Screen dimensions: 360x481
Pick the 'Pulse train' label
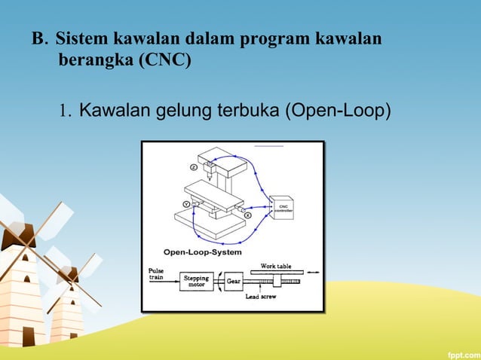(158, 273)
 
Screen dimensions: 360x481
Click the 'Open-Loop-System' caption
(203, 252)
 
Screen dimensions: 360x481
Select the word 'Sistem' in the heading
(81, 38)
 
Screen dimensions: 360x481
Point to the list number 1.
(65, 113)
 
